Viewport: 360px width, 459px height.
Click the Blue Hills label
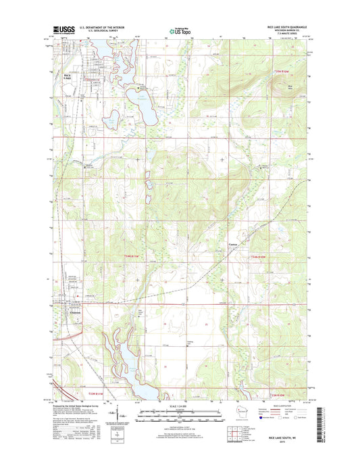(x=291, y=87)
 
